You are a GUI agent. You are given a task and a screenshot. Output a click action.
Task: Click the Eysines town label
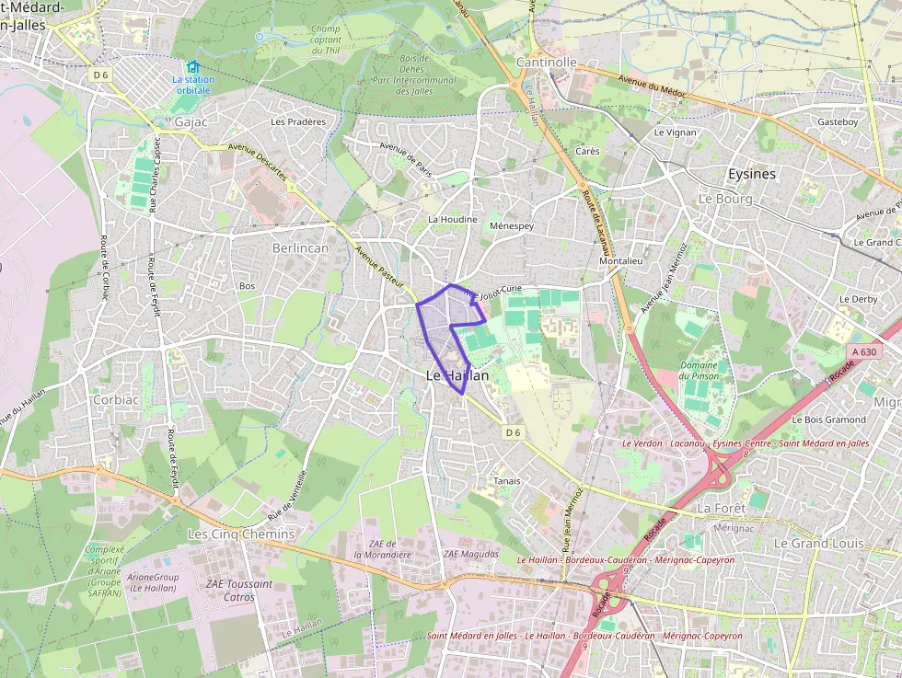point(751,174)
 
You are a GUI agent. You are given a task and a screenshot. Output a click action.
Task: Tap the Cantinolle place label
point(547,63)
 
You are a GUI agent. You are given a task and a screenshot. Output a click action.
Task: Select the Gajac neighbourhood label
point(192,121)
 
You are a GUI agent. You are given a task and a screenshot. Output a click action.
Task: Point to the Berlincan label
point(300,247)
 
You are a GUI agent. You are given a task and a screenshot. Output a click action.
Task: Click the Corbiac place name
point(116,400)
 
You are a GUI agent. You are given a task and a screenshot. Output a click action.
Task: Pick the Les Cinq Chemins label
point(241,534)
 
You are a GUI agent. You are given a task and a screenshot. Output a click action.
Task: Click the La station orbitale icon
point(193,67)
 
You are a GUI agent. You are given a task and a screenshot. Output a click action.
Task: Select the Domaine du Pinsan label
point(699,371)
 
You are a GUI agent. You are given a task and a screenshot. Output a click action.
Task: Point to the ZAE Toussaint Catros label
point(238,590)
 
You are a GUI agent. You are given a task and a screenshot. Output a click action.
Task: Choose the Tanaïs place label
point(507,481)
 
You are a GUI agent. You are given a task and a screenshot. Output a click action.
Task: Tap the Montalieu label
point(620,260)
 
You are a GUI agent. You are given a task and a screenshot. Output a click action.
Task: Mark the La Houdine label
point(453,220)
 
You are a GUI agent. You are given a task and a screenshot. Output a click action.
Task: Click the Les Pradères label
point(298,121)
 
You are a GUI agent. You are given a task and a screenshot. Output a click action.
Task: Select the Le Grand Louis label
point(818,543)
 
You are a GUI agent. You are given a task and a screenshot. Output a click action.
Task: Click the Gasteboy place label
point(838,121)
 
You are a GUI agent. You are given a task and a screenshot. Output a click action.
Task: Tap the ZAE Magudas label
point(470,554)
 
